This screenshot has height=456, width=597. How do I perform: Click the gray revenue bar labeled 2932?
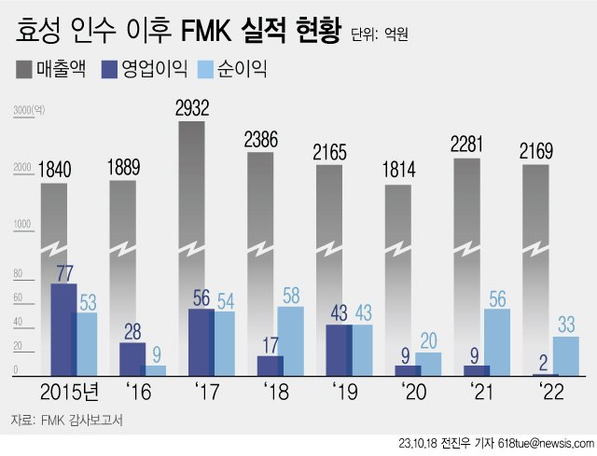point(191,187)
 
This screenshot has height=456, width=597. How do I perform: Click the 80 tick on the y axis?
point(17,274)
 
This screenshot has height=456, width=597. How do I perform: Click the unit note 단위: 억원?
point(381,35)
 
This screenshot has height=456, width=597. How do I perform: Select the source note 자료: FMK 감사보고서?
point(66,420)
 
